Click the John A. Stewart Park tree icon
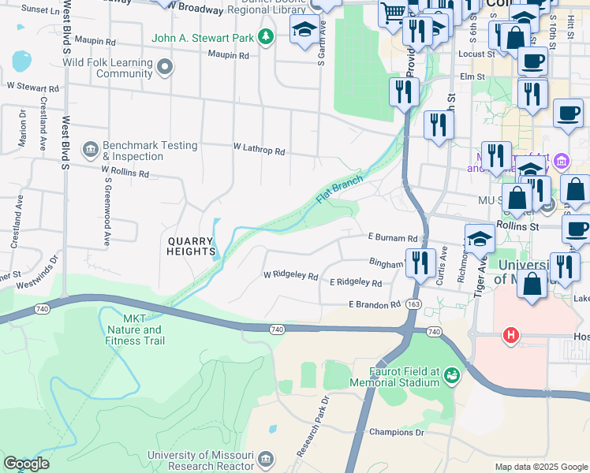[267, 36]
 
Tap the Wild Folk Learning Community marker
[165, 68]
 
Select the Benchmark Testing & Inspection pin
[89, 147]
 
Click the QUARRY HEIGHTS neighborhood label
[189, 246]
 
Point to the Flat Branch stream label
[339, 188]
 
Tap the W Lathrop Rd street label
[259, 149]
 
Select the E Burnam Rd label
[392, 237]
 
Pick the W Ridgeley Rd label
[290, 277]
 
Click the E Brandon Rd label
[374, 304]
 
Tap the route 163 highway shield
[413, 304]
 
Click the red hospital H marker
[511, 337]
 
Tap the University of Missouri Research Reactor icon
[266, 459]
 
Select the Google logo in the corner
[26, 464]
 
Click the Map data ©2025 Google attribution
[540, 467]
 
